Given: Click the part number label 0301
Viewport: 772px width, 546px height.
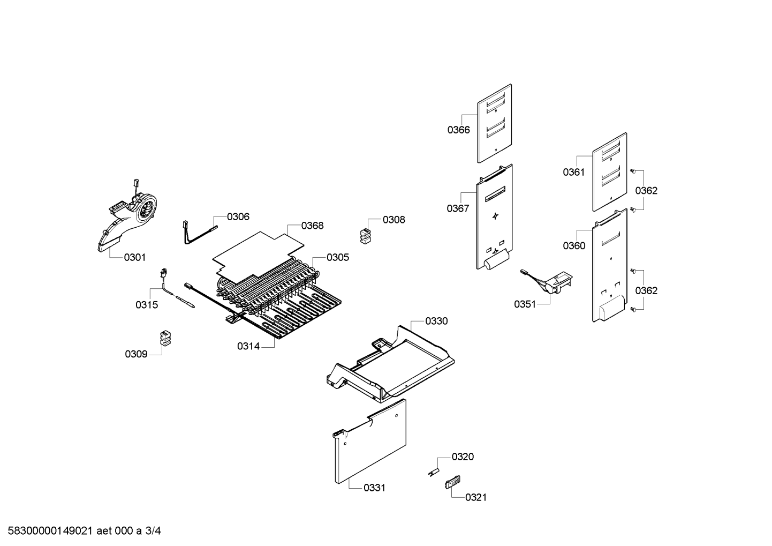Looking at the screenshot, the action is pyautogui.click(x=135, y=257).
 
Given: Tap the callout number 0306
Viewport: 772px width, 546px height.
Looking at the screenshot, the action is pyautogui.click(x=238, y=216).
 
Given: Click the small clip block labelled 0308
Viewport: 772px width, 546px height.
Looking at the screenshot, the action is pyautogui.click(x=366, y=236).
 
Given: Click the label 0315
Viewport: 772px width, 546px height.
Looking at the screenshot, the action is pyautogui.click(x=147, y=304).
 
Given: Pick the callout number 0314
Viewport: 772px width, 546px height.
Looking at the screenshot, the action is pyautogui.click(x=248, y=346).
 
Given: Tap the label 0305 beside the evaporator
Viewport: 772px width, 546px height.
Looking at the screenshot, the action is pyautogui.click(x=338, y=257).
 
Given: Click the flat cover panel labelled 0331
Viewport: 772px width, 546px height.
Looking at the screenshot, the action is pyautogui.click(x=370, y=441).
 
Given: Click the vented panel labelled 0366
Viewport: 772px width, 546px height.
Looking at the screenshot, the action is pyautogui.click(x=495, y=123).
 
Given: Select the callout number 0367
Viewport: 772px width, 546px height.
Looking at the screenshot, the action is pyautogui.click(x=458, y=208).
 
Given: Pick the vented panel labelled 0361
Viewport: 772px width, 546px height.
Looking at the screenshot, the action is pyautogui.click(x=610, y=172).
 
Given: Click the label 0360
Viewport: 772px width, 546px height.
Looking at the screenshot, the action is pyautogui.click(x=574, y=245).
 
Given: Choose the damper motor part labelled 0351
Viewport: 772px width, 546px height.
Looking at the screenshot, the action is pyautogui.click(x=548, y=281).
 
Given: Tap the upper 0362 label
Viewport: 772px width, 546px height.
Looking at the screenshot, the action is pyautogui.click(x=646, y=190).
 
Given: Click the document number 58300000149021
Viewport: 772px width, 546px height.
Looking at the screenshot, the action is pyautogui.click(x=50, y=530).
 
